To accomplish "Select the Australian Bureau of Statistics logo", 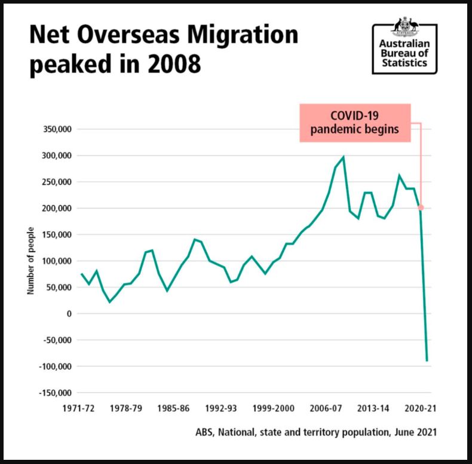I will (x=404, y=48).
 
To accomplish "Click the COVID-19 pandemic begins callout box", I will (x=355, y=123).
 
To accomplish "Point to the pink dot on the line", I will (x=421, y=207).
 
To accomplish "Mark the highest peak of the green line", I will (x=343, y=157).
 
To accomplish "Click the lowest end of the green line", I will (x=427, y=360).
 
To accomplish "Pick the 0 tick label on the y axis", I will (x=69, y=313).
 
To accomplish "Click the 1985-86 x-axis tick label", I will (x=173, y=409).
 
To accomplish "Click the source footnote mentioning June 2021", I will (x=315, y=431).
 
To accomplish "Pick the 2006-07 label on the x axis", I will (x=326, y=409).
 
